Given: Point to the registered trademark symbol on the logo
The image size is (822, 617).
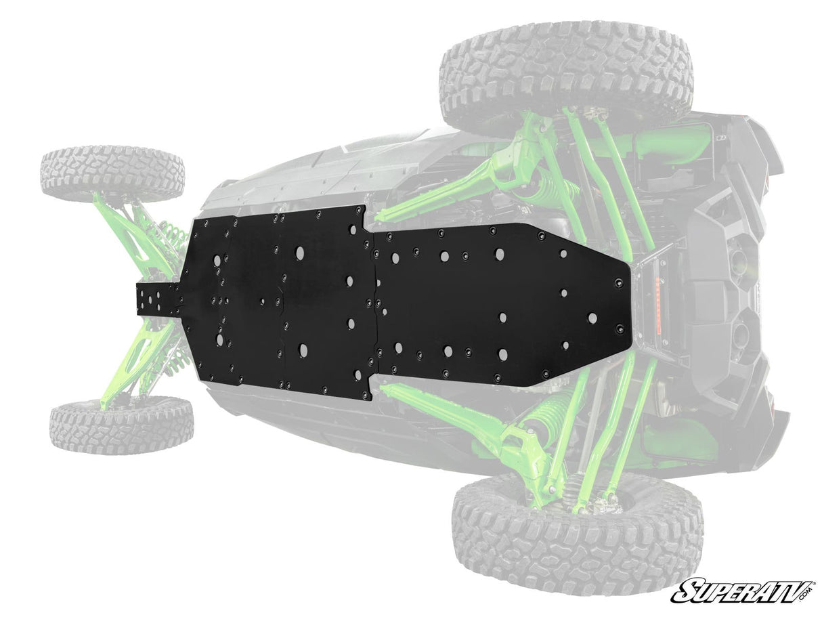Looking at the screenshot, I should (811, 581).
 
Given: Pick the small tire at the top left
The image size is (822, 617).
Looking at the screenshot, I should (112, 170).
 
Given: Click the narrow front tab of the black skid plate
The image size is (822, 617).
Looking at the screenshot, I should (156, 299).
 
